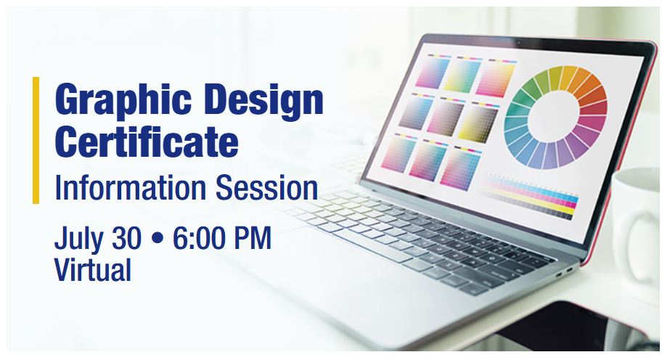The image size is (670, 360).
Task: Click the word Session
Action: click(266, 187)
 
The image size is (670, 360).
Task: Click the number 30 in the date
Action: click(126, 237)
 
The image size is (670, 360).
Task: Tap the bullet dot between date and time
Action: click(158, 238)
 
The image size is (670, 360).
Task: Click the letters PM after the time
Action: click(252, 237)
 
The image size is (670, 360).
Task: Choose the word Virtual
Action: click(93, 269)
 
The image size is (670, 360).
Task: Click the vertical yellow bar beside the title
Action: click(36, 140)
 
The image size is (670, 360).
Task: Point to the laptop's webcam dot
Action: click(518, 43)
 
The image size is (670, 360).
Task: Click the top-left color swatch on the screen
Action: click(432, 73)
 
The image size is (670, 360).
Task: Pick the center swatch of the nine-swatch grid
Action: click(445, 118)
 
